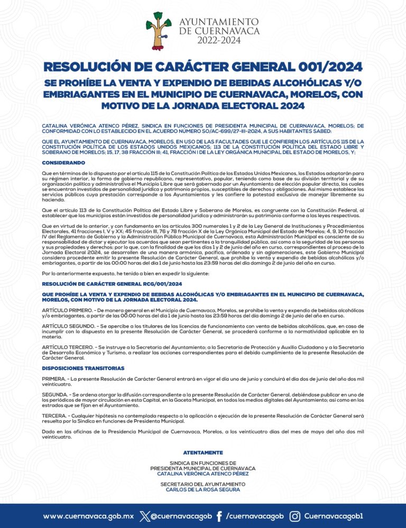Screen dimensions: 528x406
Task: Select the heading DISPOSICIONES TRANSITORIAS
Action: point(83,368)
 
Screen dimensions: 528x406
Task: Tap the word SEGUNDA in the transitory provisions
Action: point(54,395)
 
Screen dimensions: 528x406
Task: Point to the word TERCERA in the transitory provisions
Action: point(54,416)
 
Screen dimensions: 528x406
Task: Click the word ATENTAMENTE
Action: point(203,453)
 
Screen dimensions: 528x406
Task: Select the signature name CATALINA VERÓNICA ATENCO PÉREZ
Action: point(203,474)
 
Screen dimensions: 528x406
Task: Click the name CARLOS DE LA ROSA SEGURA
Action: point(203,489)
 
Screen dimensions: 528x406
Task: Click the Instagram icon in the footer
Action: point(295,516)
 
